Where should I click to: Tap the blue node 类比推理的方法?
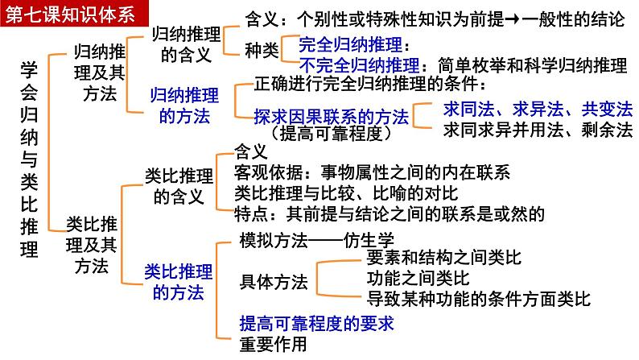point(179,281)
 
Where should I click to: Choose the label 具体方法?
point(274,282)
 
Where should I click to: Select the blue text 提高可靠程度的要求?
point(319,324)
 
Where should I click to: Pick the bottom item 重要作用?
point(274,345)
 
